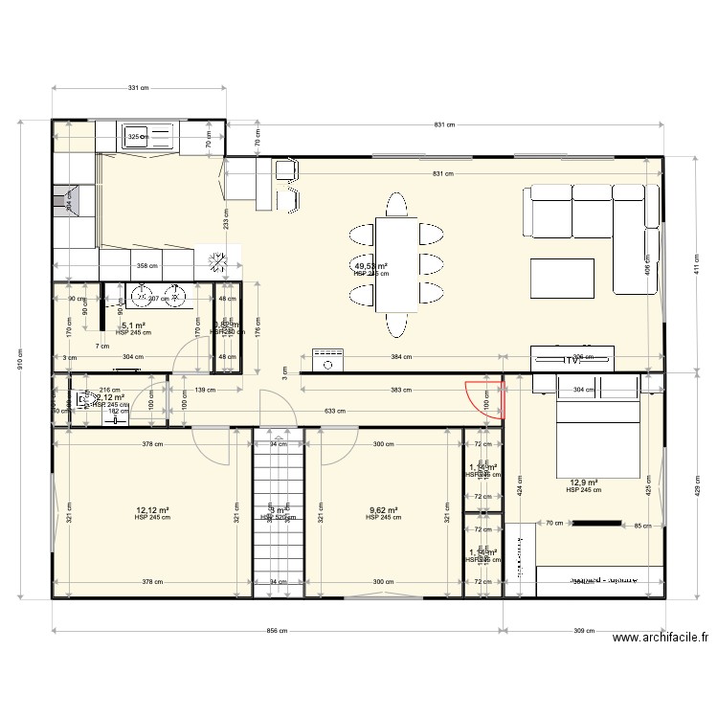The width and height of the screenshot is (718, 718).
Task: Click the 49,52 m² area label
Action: (x=370, y=267)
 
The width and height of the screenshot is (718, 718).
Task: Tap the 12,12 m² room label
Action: (x=152, y=510)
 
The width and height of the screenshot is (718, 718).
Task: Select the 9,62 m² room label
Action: (x=383, y=510)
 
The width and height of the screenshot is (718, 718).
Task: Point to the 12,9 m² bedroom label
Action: (x=583, y=483)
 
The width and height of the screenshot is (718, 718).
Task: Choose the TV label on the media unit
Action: (x=573, y=360)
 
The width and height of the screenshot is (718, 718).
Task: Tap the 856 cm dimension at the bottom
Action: (x=278, y=632)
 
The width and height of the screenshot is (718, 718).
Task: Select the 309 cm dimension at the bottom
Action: (x=584, y=632)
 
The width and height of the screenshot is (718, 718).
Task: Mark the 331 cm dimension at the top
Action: (x=140, y=88)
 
